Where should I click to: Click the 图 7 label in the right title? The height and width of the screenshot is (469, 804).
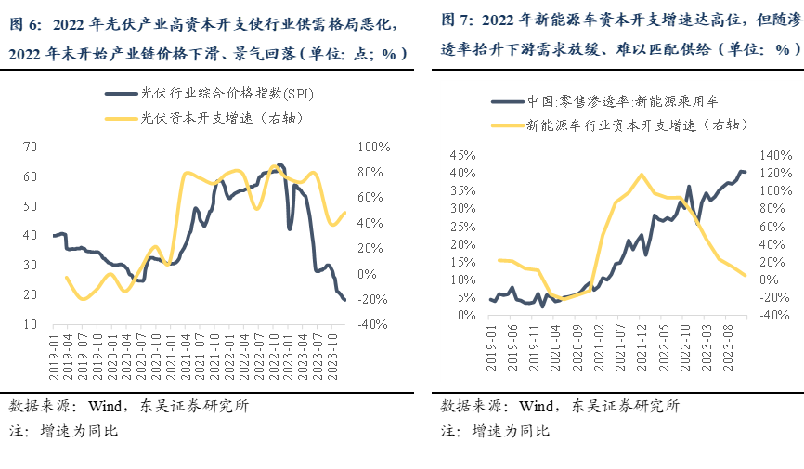(456, 20)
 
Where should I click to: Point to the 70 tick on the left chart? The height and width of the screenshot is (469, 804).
(30, 147)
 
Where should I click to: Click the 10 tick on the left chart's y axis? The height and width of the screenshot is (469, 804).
(30, 324)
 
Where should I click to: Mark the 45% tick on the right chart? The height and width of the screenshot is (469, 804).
(461, 154)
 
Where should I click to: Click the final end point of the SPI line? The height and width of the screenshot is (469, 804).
(344, 299)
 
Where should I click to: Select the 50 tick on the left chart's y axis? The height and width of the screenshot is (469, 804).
(30, 206)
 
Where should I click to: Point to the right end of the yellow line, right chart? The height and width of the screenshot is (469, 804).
(746, 275)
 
